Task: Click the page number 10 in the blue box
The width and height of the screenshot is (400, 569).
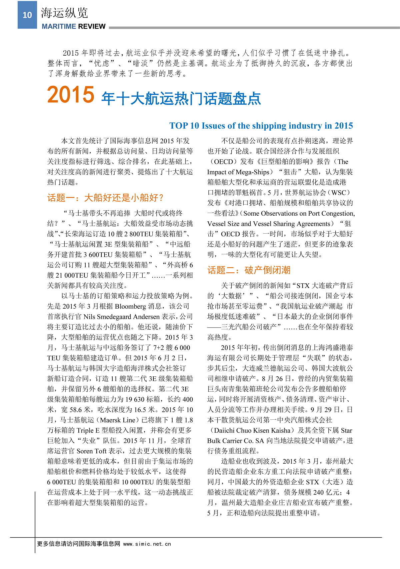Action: pos(27,15)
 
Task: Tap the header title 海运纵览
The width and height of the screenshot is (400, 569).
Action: pos(64,13)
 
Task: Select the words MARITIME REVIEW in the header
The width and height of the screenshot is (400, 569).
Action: pos(74,26)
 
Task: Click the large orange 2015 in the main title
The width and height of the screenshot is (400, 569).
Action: pos(71,95)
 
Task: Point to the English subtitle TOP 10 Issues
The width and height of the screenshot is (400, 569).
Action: pos(261,126)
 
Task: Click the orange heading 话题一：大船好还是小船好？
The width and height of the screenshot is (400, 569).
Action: pos(105,198)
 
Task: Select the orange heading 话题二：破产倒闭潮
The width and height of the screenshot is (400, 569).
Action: pos(249,270)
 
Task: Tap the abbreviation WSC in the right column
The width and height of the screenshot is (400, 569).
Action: pos(339,193)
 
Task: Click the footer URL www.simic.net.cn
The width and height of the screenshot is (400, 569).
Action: pos(147,544)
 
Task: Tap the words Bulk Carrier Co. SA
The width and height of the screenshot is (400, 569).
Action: pos(236,441)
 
